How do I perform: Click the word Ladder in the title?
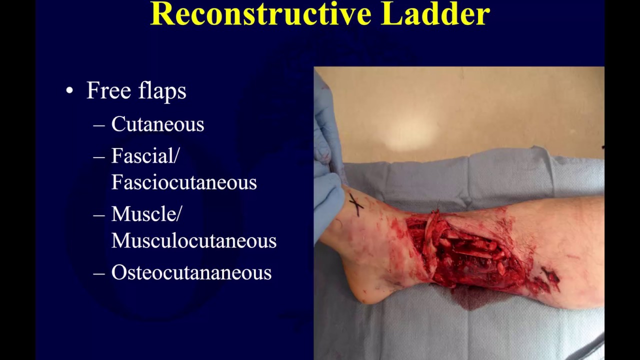tap(435, 14)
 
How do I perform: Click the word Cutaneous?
tap(157, 124)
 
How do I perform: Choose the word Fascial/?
tap(145, 156)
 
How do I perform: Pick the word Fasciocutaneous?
tap(183, 182)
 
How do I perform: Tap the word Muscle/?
tap(146, 214)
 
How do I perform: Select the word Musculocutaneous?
tap(193, 241)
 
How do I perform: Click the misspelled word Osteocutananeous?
tap(191, 272)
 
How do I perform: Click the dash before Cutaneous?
tap(99, 125)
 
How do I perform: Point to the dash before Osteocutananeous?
tap(99, 273)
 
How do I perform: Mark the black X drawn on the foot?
tap(356, 204)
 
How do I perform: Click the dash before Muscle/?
tap(99, 215)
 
